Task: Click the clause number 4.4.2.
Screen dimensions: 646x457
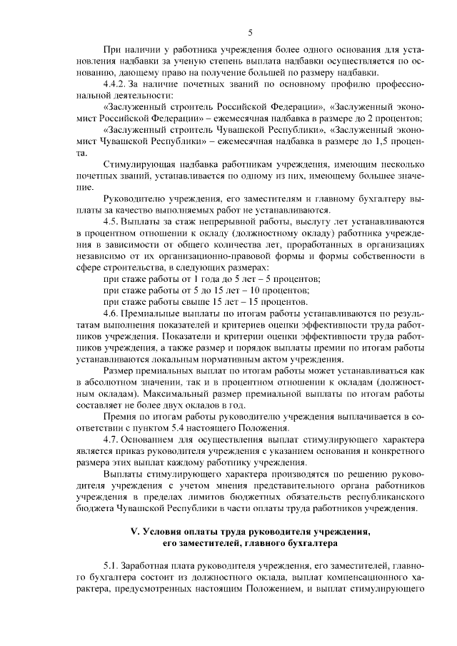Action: tap(116, 84)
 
